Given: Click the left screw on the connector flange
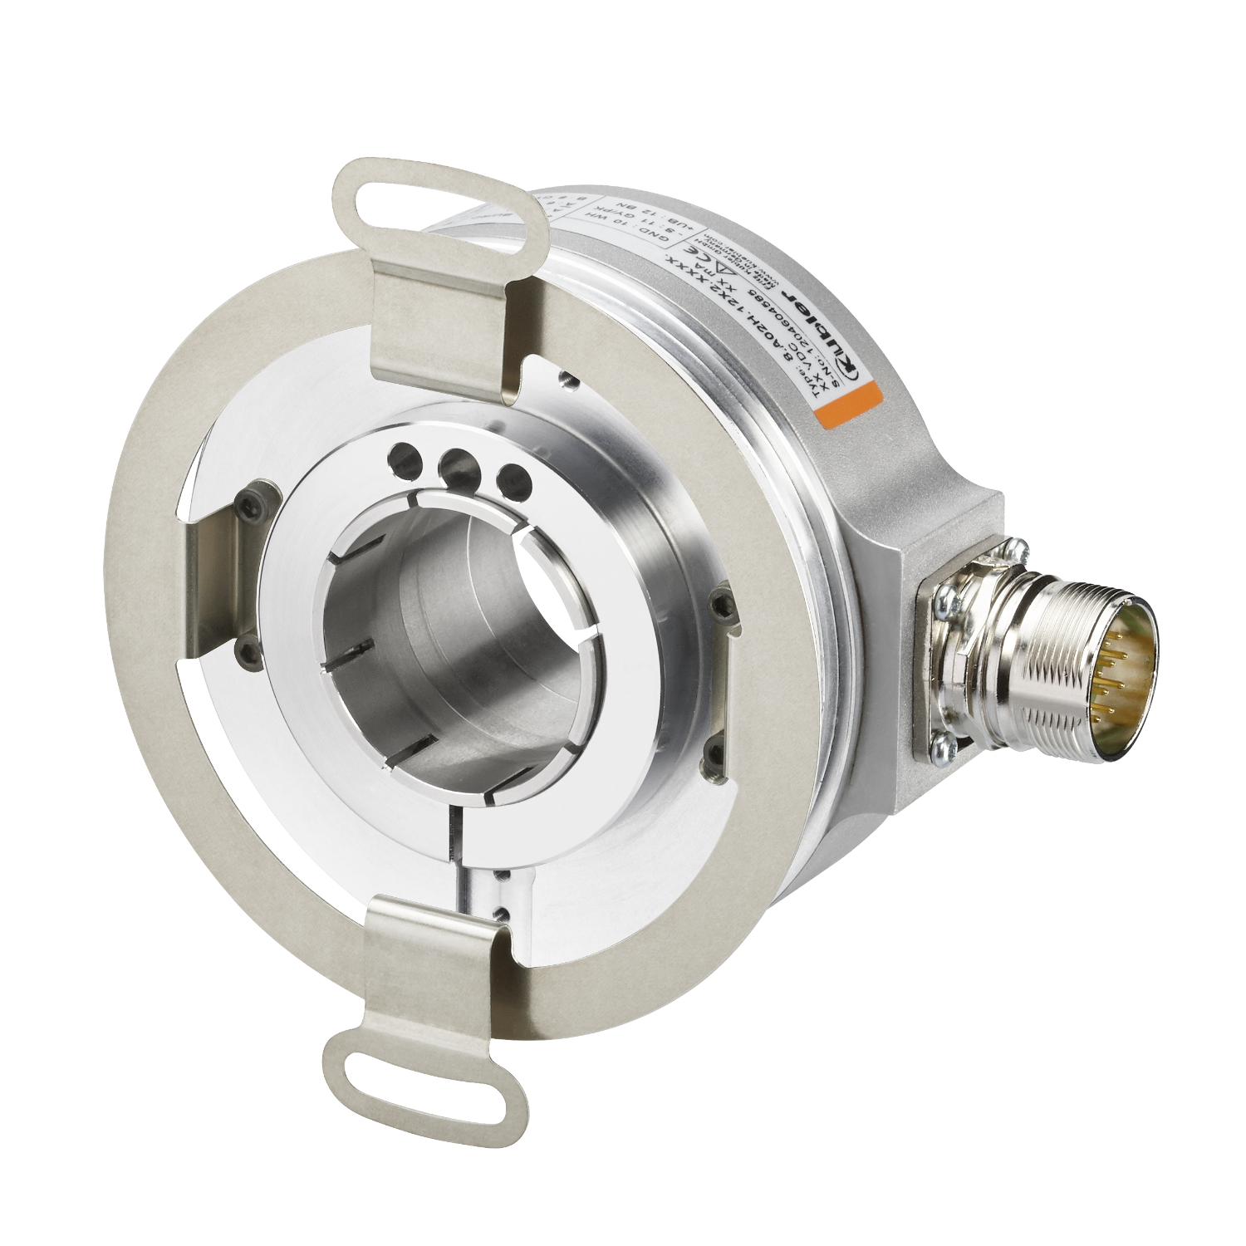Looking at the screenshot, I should coord(946,596).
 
